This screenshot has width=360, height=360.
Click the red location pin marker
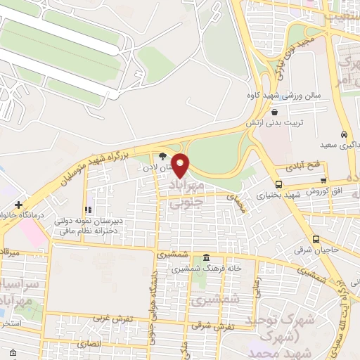pyautogui.click(x=181, y=165)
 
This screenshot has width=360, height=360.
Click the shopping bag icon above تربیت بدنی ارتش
pyautogui.click(x=274, y=110)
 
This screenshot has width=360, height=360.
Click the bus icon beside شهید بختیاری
pyautogui.click(x=259, y=184)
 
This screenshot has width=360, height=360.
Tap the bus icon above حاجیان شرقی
pyautogui.click(x=316, y=239)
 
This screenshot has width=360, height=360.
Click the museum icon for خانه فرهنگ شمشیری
pyautogui.click(x=205, y=257)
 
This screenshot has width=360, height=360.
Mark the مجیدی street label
pyautogui.click(x=233, y=199)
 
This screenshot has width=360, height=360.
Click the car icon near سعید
pyautogui.click(x=343, y=134)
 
